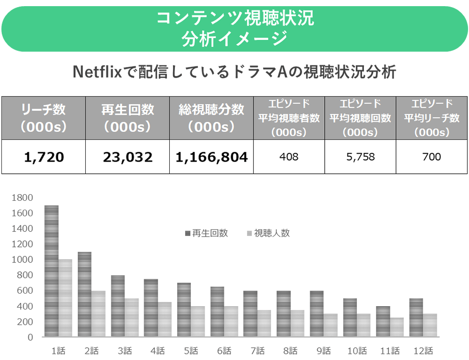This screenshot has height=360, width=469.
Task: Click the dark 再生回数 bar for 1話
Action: (x=51, y=271)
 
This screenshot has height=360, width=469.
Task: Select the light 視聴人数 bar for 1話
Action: (x=65, y=298)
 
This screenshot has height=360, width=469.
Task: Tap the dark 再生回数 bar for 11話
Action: (x=383, y=321)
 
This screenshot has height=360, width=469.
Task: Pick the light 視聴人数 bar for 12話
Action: (x=430, y=325)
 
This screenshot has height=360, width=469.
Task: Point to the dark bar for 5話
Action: (x=184, y=310)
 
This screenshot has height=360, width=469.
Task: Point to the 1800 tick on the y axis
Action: (x=24, y=197)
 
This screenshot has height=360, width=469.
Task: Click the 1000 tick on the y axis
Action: (x=24, y=260)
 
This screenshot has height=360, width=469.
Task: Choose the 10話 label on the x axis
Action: (x=357, y=351)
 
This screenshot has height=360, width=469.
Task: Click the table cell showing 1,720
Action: (x=44, y=157)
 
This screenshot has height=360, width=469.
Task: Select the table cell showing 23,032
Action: (x=128, y=157)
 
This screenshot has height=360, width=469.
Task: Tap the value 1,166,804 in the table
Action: (x=212, y=157)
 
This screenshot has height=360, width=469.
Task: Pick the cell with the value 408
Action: (x=289, y=157)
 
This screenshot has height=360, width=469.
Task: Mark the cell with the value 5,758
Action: (x=360, y=157)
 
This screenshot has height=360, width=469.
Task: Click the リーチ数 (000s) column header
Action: (x=44, y=118)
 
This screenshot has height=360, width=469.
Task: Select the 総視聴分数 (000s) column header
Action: (x=212, y=118)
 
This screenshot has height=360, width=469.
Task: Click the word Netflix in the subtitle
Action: (x=96, y=73)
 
